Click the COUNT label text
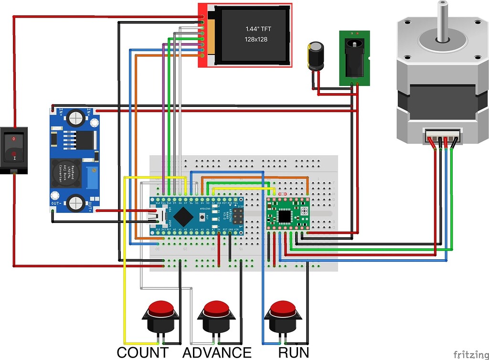(142, 352)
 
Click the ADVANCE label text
(217, 352)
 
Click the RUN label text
(294, 352)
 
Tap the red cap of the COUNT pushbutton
(160, 308)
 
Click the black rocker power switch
(14, 149)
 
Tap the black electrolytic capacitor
(316, 56)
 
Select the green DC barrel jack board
(355, 58)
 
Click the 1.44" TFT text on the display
(258, 29)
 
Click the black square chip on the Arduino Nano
(184, 216)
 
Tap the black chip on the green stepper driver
(286, 216)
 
